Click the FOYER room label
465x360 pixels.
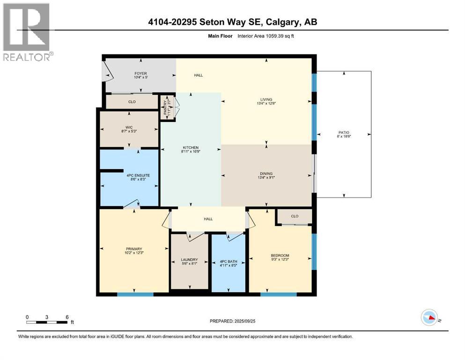pos(127,74)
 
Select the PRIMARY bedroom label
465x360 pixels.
pos(133,249)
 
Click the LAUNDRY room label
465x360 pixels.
pos(189,260)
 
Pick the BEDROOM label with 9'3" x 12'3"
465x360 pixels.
pos(280,255)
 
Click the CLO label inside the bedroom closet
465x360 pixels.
pos(295,217)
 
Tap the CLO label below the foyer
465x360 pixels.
pos(132,101)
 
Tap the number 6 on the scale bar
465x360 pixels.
pos(67,317)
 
